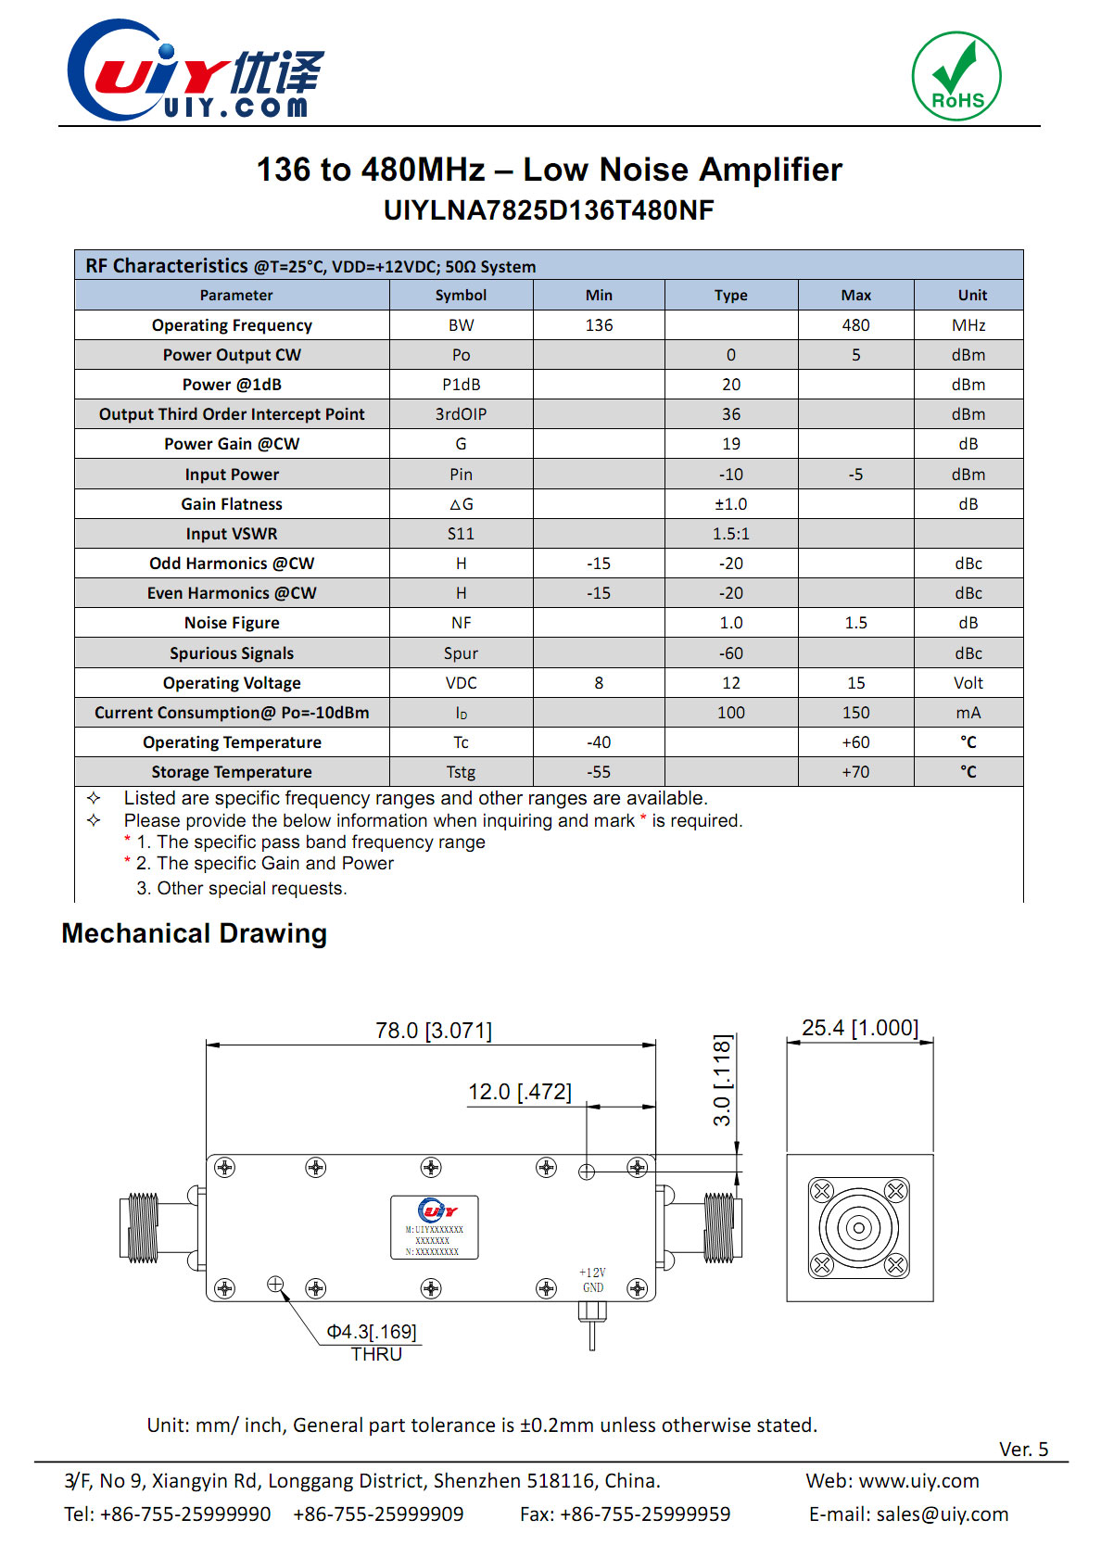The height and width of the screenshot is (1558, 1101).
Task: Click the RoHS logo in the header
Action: (x=956, y=76)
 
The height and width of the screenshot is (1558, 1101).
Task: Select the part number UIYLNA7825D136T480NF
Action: (x=549, y=210)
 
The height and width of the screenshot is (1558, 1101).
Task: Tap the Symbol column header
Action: (x=461, y=295)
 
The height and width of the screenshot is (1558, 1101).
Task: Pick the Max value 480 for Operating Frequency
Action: (x=855, y=325)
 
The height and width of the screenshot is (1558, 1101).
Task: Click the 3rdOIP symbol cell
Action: (x=461, y=414)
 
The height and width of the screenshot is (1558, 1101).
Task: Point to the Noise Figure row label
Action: (x=232, y=623)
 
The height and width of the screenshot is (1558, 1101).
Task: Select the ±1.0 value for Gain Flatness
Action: (x=730, y=504)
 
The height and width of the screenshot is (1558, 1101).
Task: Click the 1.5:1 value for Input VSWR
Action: (x=730, y=534)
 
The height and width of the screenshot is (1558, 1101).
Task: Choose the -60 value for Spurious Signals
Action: (x=730, y=653)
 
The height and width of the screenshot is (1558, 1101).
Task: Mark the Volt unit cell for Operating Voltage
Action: (x=968, y=683)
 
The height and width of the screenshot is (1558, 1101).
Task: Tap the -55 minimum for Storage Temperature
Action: (x=599, y=772)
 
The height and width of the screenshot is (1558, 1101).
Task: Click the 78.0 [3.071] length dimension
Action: (x=433, y=1031)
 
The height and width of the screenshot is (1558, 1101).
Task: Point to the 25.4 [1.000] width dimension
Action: (x=860, y=1028)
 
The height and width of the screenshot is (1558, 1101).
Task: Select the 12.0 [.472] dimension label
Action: (x=519, y=1092)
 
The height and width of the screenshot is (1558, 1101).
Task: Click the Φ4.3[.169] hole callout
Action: (x=372, y=1332)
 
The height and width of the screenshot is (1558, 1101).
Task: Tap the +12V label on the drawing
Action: (x=592, y=1273)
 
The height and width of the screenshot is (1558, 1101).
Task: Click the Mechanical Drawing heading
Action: (x=195, y=933)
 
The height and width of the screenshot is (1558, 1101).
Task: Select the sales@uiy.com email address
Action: (x=942, y=1514)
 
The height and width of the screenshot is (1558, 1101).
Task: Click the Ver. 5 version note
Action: (x=1023, y=1450)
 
